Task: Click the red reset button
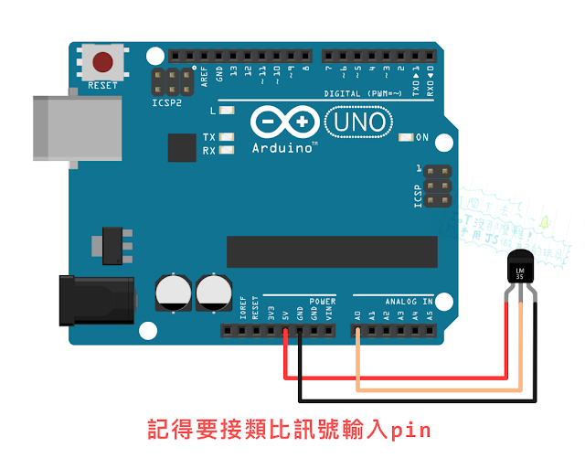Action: tap(103, 62)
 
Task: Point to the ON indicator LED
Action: tap(406, 138)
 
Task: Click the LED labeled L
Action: tap(226, 112)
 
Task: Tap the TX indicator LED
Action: tap(226, 137)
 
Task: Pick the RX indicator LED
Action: tap(226, 150)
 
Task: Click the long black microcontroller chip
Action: tap(327, 250)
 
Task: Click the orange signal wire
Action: tap(439, 389)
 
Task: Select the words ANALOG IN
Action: tap(409, 300)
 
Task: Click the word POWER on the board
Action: tap(322, 300)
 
